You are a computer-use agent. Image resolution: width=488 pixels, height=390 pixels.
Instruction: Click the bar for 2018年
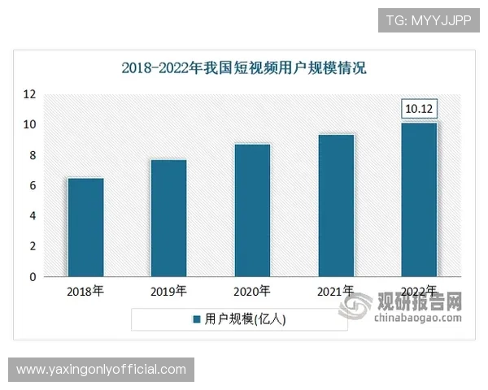85,227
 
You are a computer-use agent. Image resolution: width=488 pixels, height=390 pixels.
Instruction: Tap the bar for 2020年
252,210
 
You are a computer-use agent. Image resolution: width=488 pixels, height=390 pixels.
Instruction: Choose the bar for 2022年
420,200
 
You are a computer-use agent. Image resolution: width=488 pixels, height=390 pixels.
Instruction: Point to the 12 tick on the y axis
30,94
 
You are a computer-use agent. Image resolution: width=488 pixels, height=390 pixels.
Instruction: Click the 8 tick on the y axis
33,155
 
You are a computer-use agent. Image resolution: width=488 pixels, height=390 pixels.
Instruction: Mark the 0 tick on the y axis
33,277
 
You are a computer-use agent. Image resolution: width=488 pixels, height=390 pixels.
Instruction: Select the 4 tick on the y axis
33,216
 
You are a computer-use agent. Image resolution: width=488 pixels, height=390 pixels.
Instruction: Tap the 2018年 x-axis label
85,290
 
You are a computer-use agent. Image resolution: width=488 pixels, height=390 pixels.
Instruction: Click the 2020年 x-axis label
252,290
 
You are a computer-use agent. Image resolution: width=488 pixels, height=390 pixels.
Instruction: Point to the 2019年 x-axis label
168,290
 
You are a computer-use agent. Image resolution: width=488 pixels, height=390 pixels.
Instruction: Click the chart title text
244,68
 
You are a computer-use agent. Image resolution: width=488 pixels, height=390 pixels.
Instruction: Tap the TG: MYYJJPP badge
428,19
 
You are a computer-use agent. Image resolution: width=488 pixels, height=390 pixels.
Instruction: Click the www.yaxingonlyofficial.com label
101,370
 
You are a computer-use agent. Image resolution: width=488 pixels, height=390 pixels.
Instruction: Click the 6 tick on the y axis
33,186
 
